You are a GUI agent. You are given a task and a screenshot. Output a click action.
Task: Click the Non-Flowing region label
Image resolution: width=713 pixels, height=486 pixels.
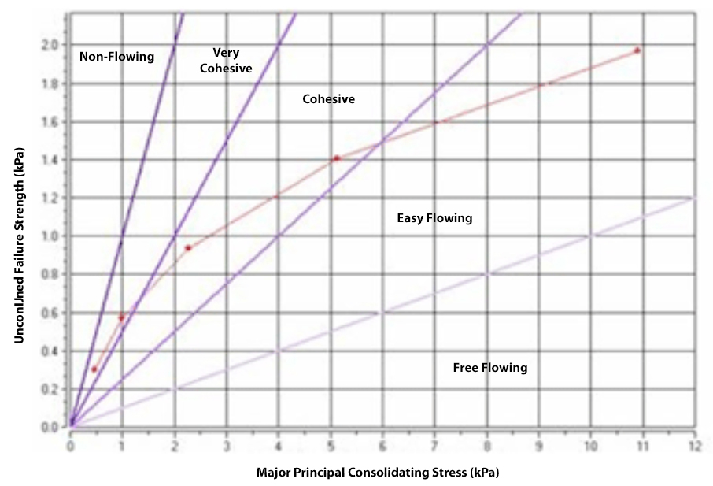click(117, 57)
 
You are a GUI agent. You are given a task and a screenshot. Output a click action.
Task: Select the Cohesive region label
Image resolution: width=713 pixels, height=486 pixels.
click(329, 100)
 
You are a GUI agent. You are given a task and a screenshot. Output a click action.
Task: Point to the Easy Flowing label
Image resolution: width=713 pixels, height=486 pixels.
click(434, 218)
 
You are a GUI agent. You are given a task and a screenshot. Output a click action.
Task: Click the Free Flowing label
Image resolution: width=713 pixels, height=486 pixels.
click(490, 368)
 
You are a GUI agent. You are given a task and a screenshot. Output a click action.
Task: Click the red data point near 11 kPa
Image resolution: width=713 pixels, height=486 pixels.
click(637, 50)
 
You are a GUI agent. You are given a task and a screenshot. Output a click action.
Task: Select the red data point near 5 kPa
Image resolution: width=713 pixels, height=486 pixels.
click(336, 158)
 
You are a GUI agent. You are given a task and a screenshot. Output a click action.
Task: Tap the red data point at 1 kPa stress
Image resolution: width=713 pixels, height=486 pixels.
click(121, 317)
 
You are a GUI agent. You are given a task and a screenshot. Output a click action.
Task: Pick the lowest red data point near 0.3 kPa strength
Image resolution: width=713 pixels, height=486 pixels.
click(94, 369)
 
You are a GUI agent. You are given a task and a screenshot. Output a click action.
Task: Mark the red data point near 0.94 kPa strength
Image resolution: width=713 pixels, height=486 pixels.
click(188, 248)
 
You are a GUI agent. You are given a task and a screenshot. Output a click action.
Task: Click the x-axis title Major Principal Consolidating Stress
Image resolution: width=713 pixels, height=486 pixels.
click(378, 473)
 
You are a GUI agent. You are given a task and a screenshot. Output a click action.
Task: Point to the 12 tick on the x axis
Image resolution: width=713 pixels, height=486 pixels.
click(694, 445)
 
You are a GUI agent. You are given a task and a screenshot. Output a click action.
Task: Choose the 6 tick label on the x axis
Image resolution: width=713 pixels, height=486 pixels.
click(382, 445)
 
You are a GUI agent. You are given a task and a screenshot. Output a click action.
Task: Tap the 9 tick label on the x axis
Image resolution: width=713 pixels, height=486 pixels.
click(538, 445)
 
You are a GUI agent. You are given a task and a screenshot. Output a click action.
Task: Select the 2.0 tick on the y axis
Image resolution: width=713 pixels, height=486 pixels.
click(50, 45)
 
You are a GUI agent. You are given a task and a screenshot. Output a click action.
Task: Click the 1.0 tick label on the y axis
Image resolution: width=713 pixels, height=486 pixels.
click(50, 236)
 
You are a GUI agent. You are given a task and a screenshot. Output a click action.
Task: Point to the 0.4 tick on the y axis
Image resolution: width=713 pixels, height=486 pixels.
click(50, 351)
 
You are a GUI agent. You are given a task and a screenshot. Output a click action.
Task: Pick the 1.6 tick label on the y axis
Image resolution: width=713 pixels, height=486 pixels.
click(50, 121)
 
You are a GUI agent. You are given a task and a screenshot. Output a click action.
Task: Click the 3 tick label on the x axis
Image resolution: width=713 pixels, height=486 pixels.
click(227, 445)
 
